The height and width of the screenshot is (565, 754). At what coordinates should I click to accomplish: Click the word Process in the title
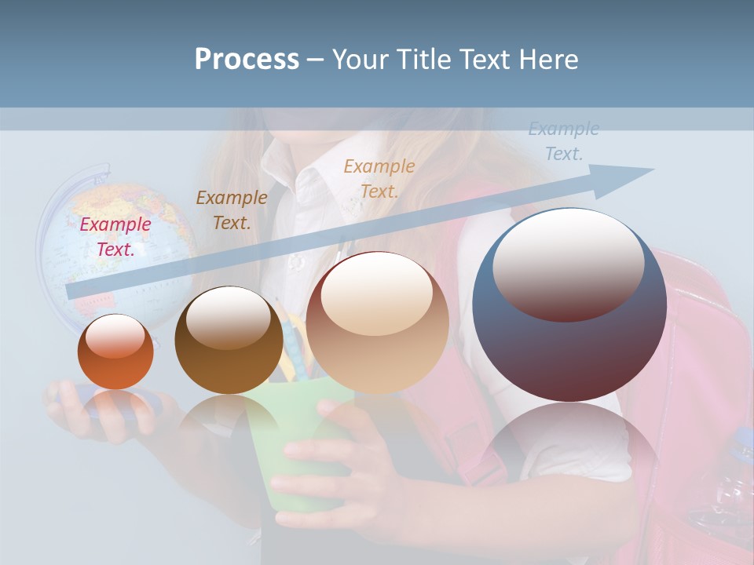[x=247, y=60]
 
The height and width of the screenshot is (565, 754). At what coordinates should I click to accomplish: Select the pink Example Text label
[x=115, y=236]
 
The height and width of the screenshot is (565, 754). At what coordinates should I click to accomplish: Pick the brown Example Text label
[x=232, y=210]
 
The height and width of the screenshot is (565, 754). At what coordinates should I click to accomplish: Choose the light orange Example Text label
[x=379, y=178]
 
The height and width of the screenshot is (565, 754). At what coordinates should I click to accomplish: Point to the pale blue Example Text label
[x=563, y=141]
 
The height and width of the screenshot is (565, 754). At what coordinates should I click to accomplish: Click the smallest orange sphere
[x=115, y=352]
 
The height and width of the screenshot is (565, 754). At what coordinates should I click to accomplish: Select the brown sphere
[x=229, y=341]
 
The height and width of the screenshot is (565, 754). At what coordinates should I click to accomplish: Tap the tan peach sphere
[x=377, y=323]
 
